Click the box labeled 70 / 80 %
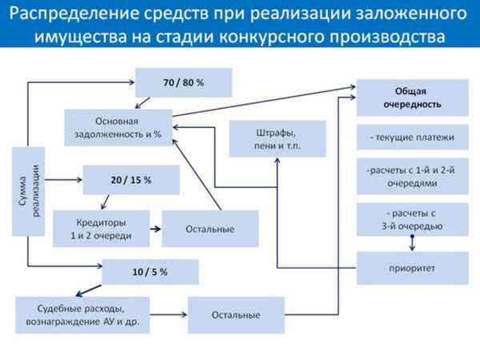(183, 83)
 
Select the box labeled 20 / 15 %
(130, 180)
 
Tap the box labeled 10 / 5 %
(150, 272)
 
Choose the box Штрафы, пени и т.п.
(278, 138)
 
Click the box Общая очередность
(412, 98)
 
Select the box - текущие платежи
(412, 138)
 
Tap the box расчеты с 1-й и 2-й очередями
(412, 177)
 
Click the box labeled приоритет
(412, 268)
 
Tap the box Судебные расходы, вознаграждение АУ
(82, 314)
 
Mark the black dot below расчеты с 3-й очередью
(412, 238)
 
